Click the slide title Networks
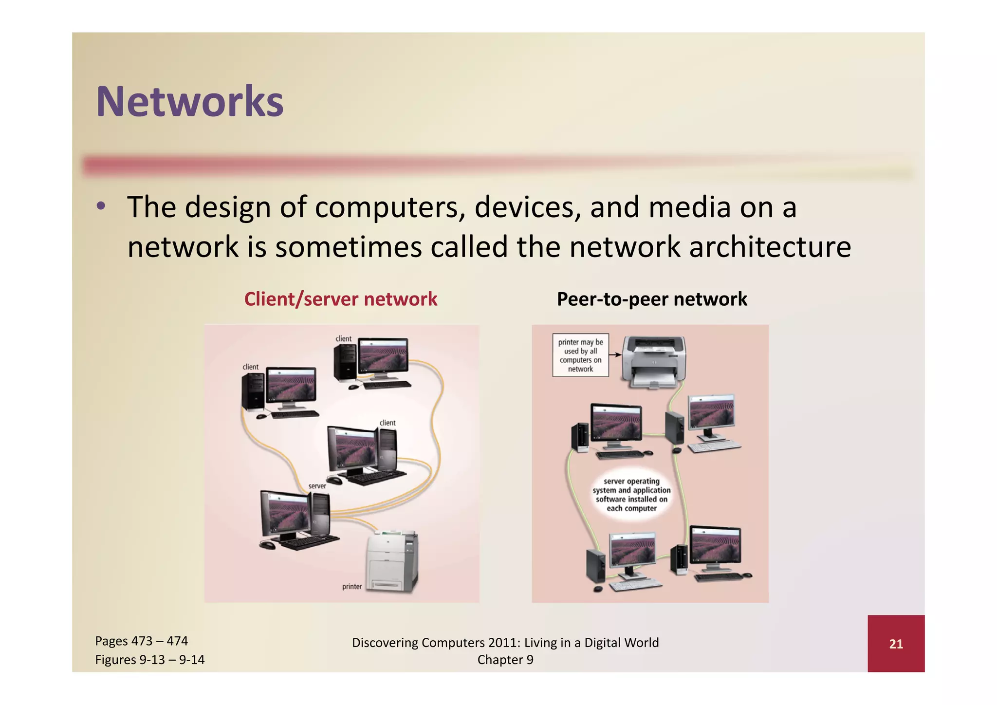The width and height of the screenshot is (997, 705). coord(189,102)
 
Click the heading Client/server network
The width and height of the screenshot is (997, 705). coord(340,299)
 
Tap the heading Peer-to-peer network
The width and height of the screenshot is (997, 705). coord(651,299)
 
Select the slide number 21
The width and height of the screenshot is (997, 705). coord(896,644)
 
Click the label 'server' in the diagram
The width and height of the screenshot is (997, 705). coord(317,486)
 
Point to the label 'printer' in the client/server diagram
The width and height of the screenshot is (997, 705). coord(351,586)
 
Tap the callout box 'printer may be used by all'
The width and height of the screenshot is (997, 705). coord(580,355)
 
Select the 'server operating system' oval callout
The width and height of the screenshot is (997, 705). coord(631,495)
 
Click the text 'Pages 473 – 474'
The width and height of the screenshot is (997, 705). coord(141,641)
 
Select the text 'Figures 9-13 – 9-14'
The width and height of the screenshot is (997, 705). coord(149,660)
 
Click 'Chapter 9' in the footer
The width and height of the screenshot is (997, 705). coord(505,660)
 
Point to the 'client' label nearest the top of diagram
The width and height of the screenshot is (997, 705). coord(343,338)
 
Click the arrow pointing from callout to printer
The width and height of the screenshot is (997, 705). coord(615,354)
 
